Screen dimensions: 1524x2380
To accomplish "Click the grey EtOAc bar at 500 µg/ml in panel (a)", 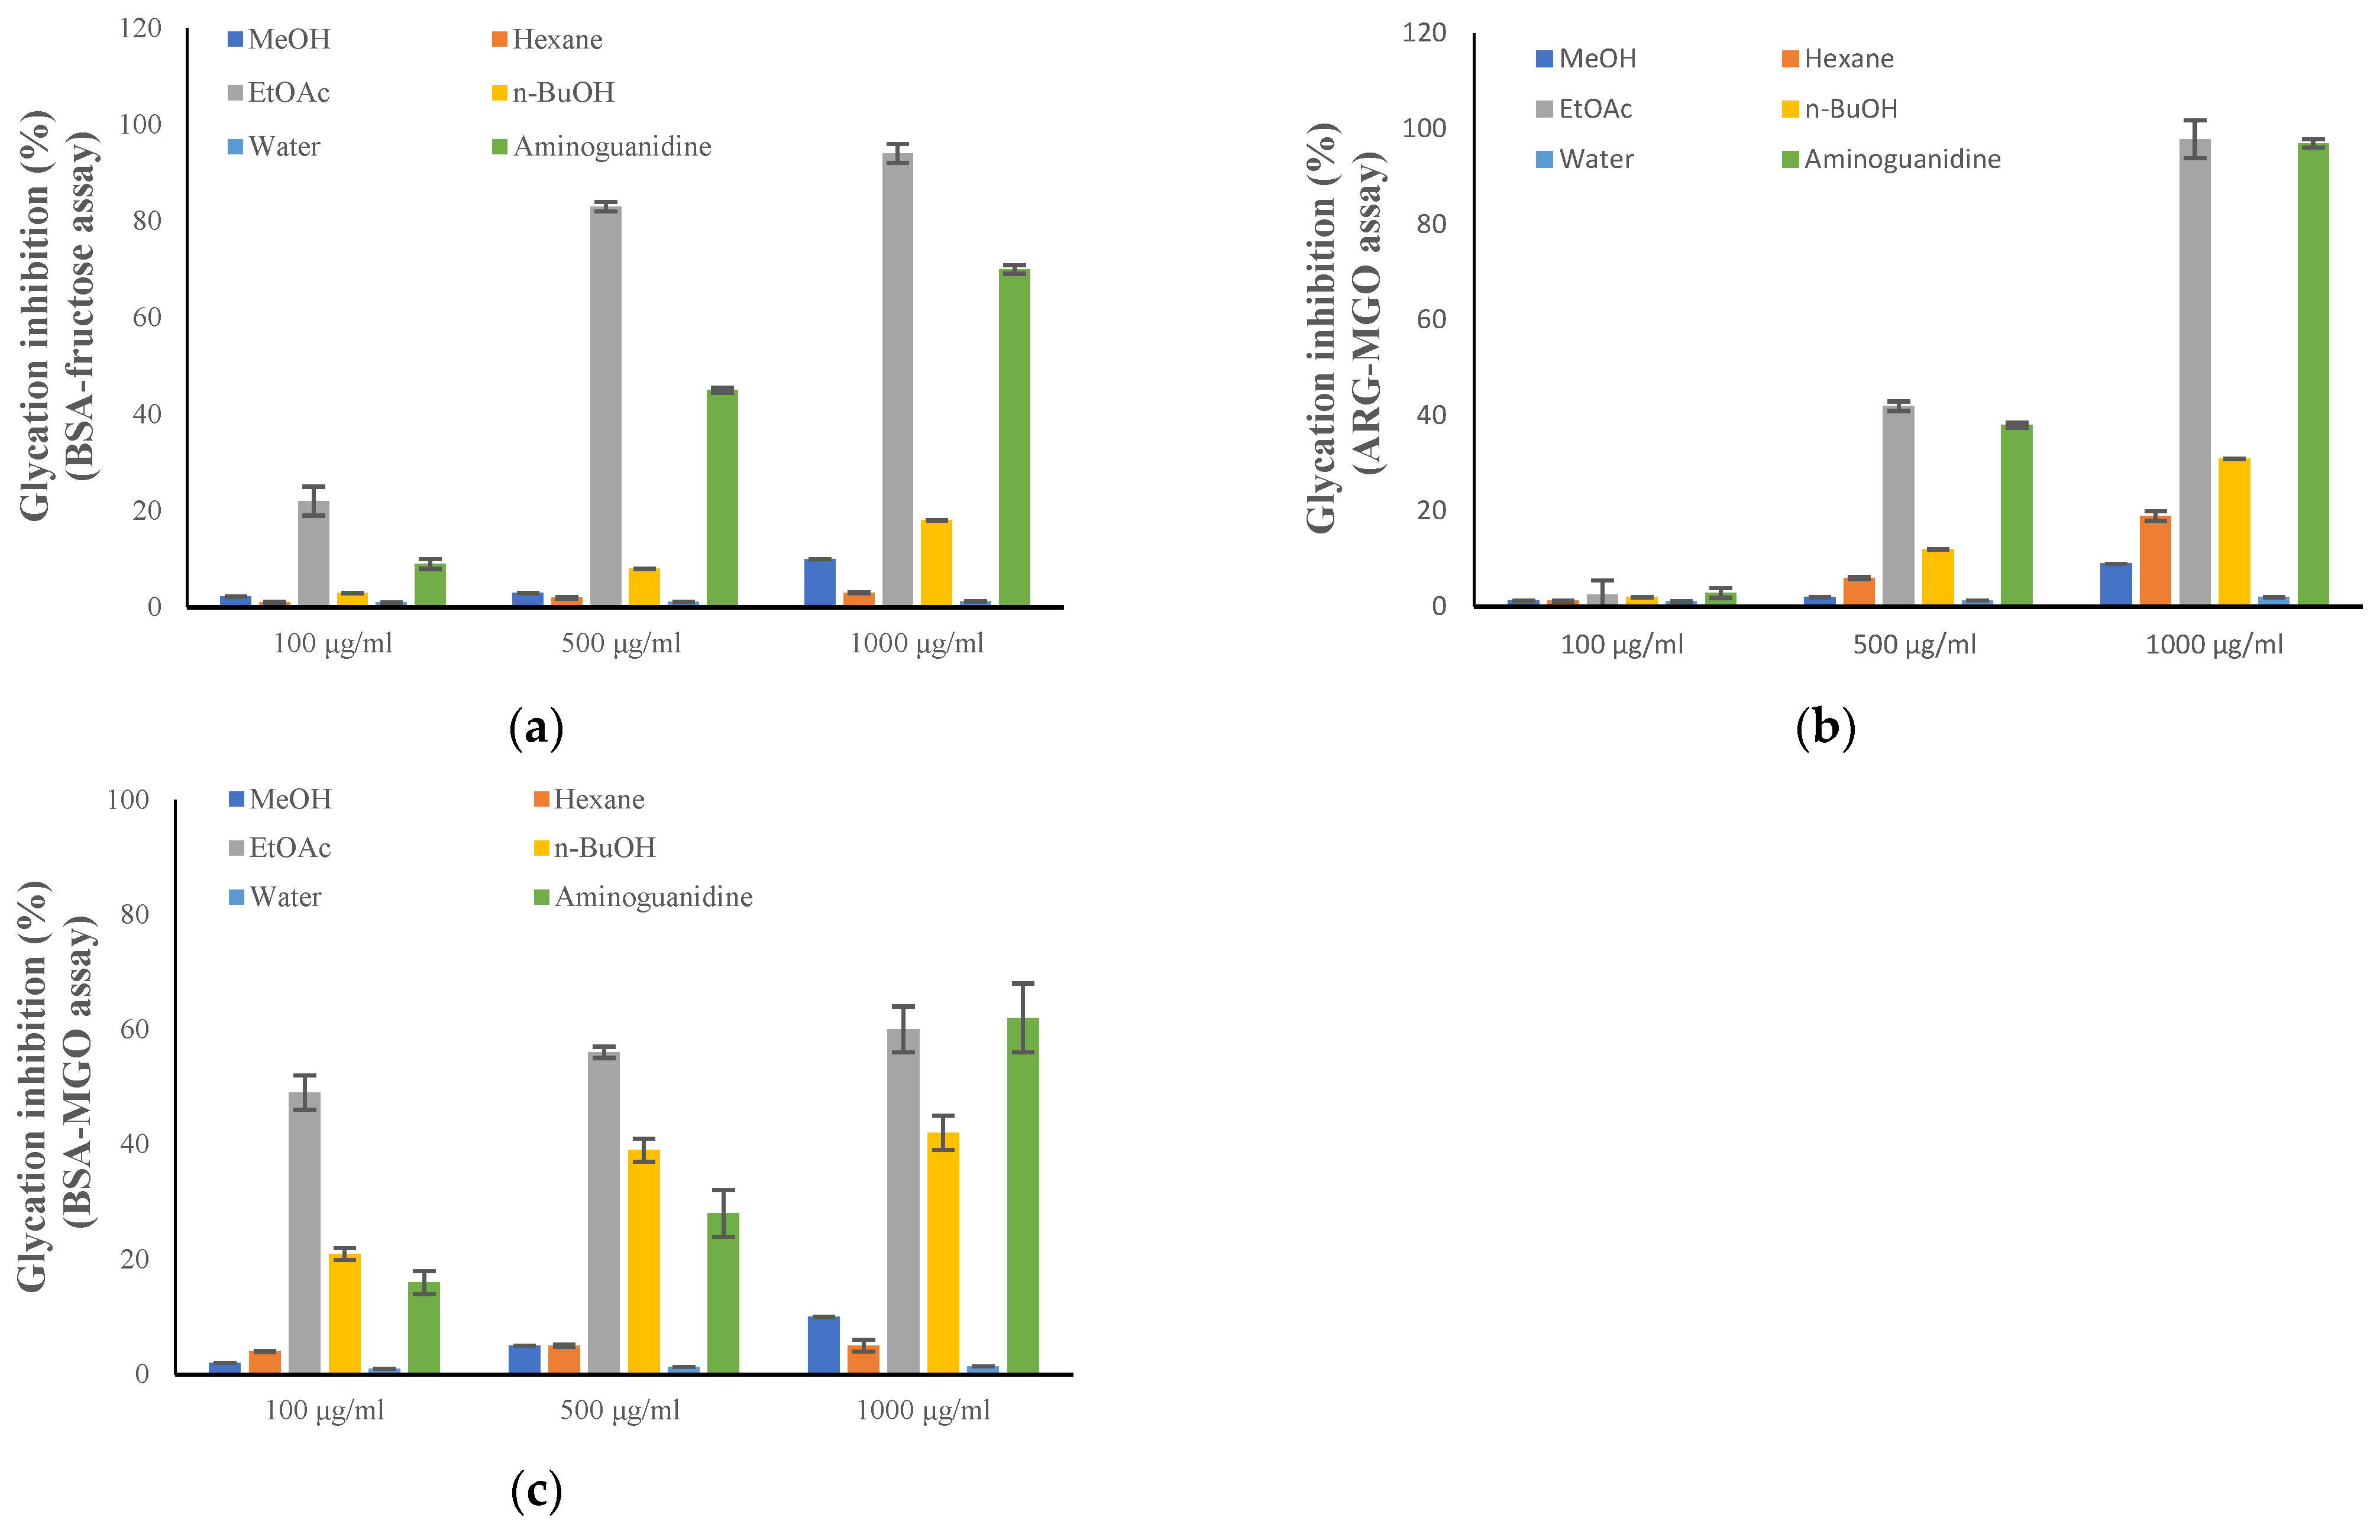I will pyautogui.click(x=606, y=406).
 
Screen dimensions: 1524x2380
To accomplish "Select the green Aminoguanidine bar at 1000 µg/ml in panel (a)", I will pyautogui.click(x=1014, y=435).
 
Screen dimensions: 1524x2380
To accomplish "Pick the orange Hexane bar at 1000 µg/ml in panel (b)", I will pyautogui.click(x=2155, y=560).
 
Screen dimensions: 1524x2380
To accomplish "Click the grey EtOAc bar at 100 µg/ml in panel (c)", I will pyautogui.click(x=305, y=1232).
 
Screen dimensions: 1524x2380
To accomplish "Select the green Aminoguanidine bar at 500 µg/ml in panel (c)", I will pyautogui.click(x=723, y=1292).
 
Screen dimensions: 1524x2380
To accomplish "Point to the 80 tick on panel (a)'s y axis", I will pyautogui.click(x=147, y=221).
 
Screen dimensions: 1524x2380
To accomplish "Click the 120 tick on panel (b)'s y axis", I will pyautogui.click(x=1424, y=33).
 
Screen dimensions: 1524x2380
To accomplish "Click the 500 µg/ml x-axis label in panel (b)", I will pyautogui.click(x=1914, y=644).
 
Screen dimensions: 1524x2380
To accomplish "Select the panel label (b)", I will pyautogui.click(x=1825, y=729).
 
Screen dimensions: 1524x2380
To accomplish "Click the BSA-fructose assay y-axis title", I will pyautogui.click(x=59, y=315).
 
